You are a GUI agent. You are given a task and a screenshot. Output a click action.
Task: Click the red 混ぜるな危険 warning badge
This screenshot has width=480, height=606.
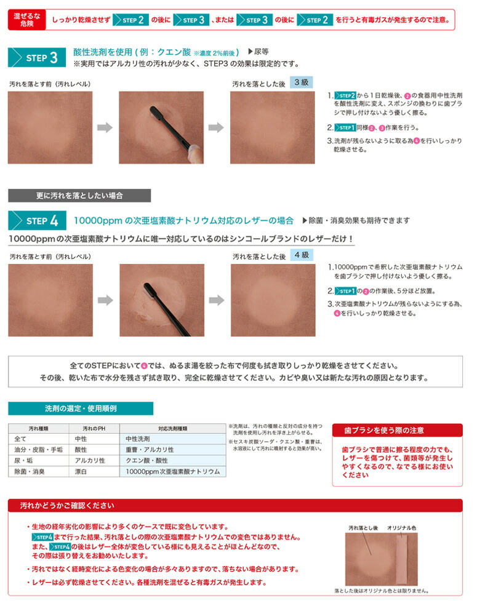point(26,20)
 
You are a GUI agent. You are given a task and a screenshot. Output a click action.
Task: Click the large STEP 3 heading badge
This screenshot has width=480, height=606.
point(37,58)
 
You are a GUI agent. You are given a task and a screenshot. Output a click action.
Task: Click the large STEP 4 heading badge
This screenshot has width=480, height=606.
point(37,221)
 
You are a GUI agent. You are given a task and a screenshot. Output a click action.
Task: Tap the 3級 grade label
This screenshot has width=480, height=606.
point(302,82)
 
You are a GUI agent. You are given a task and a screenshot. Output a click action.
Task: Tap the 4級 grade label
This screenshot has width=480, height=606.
point(302,255)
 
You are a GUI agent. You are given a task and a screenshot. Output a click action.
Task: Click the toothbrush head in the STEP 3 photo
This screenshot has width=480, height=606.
point(156,113)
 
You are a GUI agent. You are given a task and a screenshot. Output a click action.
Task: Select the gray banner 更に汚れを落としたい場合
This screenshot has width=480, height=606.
point(79,196)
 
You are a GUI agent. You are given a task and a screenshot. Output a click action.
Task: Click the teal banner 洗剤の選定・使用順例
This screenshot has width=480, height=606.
point(81,409)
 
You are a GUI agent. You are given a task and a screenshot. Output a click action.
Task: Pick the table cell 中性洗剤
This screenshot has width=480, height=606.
point(173,439)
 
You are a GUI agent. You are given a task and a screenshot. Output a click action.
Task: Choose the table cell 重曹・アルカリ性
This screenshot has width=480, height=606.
point(173,450)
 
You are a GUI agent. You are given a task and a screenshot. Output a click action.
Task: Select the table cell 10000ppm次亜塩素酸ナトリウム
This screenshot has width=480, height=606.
point(173,471)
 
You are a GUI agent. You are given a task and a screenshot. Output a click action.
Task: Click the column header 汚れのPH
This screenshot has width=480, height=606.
point(94,429)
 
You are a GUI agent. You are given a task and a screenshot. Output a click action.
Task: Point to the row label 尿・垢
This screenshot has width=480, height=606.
point(23,461)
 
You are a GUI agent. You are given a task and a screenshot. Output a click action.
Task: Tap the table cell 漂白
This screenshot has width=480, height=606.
point(81,471)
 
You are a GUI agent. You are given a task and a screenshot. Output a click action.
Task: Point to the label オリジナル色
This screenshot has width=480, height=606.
point(402,528)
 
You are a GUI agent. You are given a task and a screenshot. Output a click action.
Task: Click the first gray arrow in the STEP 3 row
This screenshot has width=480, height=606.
point(105,127)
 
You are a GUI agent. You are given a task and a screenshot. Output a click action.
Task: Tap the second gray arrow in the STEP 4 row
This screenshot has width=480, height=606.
point(217,300)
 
